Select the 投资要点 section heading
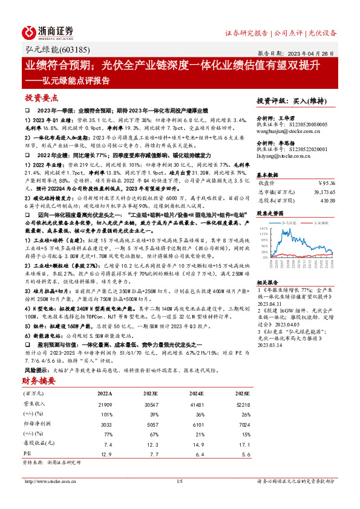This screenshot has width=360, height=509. pyautogui.click(x=42, y=97)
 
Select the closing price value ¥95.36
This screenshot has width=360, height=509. pyautogui.click(x=326, y=182)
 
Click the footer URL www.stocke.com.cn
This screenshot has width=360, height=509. pyautogui.click(x=51, y=481)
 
